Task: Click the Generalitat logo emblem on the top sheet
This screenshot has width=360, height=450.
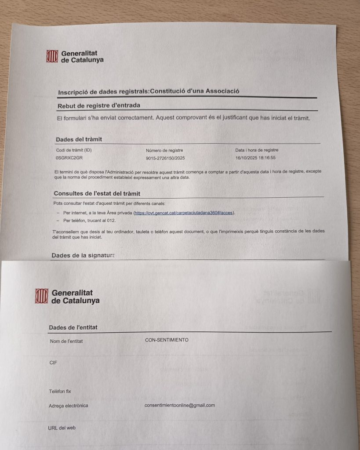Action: coord(52,56)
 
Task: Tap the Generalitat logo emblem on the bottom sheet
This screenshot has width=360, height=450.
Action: coord(42,296)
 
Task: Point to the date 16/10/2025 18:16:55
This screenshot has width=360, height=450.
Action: coord(256,158)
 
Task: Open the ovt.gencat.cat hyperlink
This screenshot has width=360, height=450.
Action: coord(184,213)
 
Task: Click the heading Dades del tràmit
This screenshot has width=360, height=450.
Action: coord(79,139)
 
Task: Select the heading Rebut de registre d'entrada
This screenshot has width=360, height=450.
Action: coord(99,105)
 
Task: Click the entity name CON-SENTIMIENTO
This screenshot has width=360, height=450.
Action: coord(167,340)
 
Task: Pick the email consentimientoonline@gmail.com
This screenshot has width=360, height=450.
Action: coord(179,405)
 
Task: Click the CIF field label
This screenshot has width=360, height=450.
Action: coord(53,363)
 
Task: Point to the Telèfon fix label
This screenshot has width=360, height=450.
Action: coord(60,391)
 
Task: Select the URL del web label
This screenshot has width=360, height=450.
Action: coord(62,428)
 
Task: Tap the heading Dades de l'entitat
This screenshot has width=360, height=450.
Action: coord(73,327)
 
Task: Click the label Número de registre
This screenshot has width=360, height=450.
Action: coord(164,150)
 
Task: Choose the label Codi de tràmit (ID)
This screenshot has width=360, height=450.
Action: coord(73,150)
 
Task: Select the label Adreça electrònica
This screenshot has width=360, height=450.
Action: coord(68,406)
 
